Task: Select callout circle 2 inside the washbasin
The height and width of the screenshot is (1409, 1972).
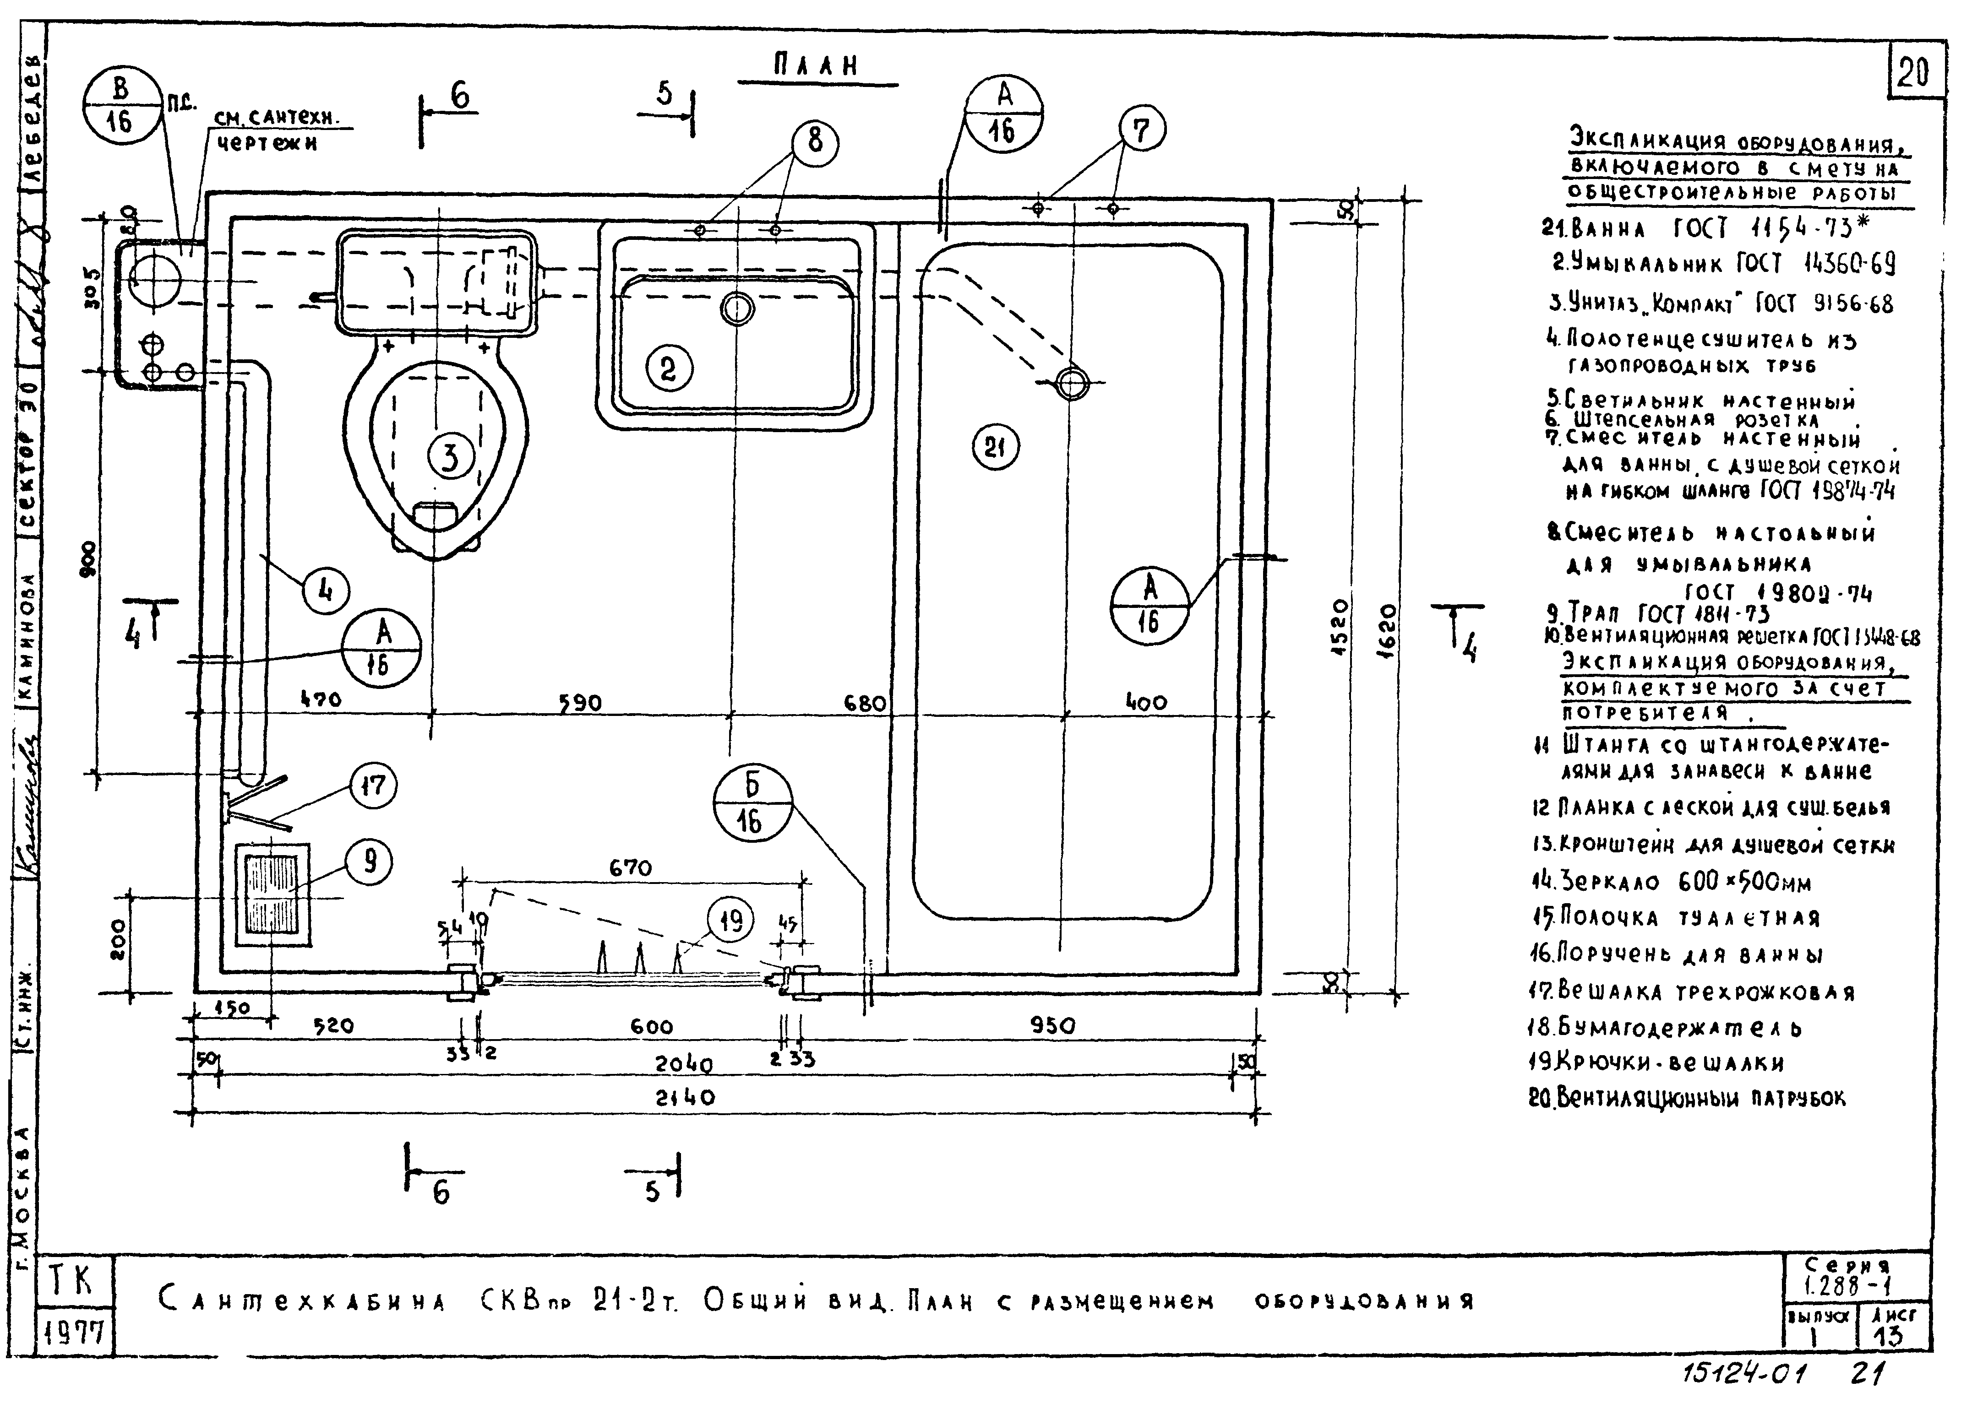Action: point(667,369)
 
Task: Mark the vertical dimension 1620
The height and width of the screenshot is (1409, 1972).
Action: point(1386,632)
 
